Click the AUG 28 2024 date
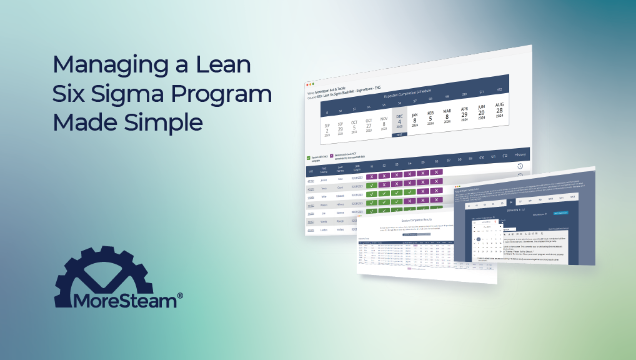[499, 111]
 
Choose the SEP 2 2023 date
[326, 129]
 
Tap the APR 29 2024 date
[464, 113]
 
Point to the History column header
[520, 154]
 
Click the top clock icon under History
[520, 166]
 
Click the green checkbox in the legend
[309, 158]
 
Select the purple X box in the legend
[331, 156]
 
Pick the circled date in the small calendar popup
[479, 239]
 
